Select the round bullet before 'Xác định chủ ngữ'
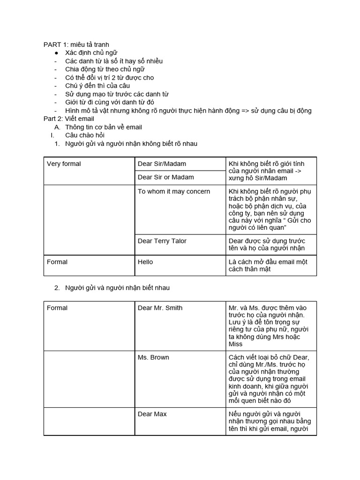point(56,53)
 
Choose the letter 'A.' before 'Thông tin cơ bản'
point(57,127)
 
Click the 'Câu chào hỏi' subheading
point(85,135)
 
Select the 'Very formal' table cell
point(64,164)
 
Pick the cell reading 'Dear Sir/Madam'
point(162,164)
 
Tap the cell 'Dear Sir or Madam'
point(165,177)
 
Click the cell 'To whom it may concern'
point(174,191)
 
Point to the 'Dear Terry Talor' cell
point(162,241)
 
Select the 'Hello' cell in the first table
point(145,262)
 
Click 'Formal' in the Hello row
point(57,262)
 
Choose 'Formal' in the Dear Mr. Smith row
point(57,308)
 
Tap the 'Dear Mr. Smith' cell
point(160,308)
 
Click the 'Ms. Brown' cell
point(153,358)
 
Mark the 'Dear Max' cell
point(152,414)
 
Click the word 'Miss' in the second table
point(236,344)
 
